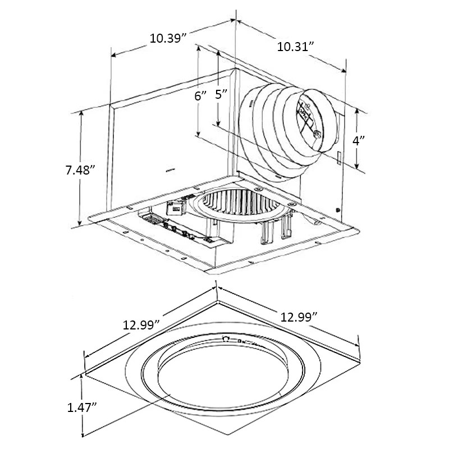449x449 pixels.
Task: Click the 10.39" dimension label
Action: (x=168, y=39)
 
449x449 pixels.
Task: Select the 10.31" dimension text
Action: (x=294, y=47)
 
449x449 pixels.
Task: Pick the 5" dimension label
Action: (x=222, y=94)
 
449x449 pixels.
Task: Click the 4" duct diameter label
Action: (x=359, y=140)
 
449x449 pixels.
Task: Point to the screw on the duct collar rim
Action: (x=317, y=135)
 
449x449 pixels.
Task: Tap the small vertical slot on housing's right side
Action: (x=340, y=158)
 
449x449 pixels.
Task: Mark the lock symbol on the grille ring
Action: (x=226, y=338)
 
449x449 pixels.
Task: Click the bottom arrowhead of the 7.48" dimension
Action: (x=83, y=223)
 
